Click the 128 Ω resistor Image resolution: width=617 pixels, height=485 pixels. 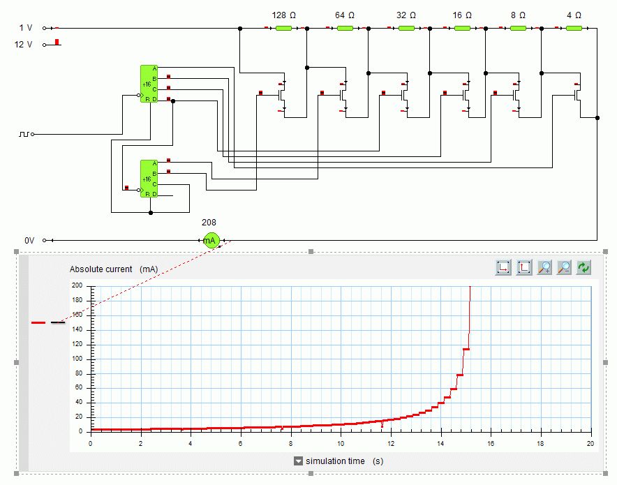click(283, 29)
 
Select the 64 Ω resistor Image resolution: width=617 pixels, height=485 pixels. click(345, 29)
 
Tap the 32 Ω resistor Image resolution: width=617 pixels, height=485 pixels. click(406, 29)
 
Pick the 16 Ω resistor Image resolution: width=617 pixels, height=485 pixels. click(462, 29)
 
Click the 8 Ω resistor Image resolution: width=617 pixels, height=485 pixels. click(518, 29)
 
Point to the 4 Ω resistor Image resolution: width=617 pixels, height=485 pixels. click(574, 29)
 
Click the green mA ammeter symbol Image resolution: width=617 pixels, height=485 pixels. click(211, 240)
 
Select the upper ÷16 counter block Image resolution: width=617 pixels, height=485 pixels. click(149, 84)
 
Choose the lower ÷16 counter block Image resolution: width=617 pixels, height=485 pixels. click(149, 179)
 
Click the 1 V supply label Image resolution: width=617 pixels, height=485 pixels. click(26, 28)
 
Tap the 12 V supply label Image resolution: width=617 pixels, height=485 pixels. click(24, 45)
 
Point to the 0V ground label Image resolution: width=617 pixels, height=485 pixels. click(29, 240)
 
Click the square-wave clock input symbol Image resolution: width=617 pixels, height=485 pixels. click(24, 133)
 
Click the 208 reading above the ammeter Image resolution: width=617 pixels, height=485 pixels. click(209, 223)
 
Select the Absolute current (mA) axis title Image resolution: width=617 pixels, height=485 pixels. click(114, 269)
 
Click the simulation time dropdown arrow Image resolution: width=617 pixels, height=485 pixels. click(298, 461)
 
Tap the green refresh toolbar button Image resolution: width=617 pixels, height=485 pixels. click(583, 267)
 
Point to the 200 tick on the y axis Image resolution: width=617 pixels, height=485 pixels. click(77, 285)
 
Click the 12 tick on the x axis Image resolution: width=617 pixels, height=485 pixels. click(390, 443)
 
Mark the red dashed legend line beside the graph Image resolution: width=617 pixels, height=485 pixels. click(39, 322)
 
